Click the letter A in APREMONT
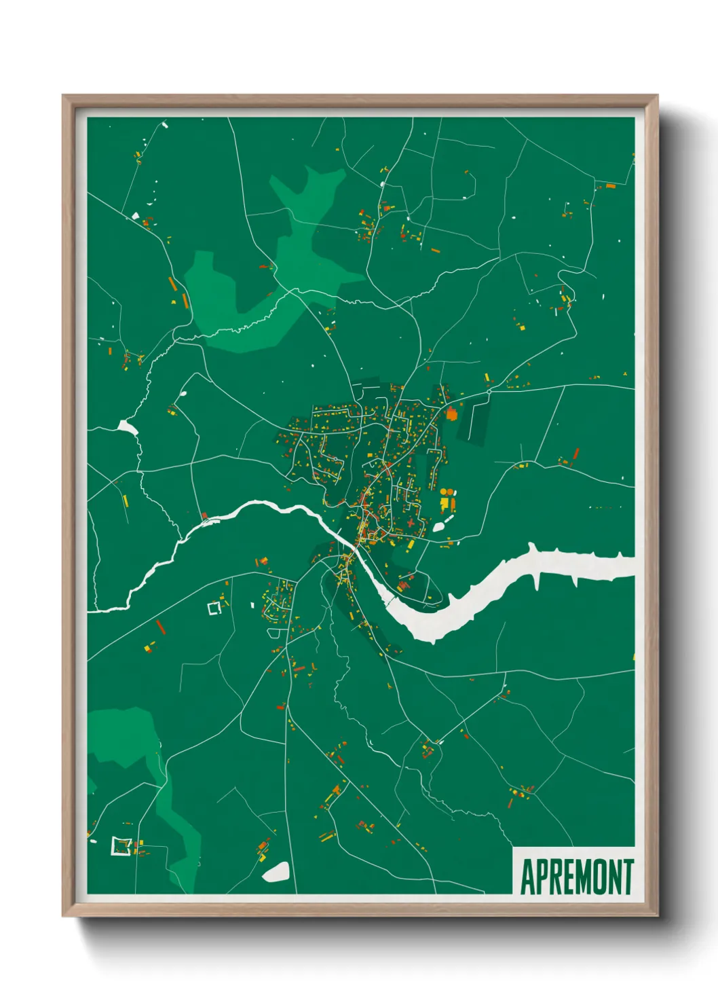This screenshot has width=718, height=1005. click(x=527, y=877)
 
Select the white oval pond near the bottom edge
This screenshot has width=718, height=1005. click(x=276, y=872)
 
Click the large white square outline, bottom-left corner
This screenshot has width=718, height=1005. click(x=121, y=847)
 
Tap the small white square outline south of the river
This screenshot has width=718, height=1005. click(x=214, y=608)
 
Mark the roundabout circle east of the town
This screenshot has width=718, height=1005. click(x=489, y=392)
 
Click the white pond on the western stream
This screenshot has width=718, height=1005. click(x=127, y=427)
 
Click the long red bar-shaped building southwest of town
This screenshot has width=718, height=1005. click(x=160, y=626)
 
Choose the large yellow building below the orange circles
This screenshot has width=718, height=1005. click(x=445, y=504)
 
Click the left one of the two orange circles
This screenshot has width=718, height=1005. click(x=444, y=491)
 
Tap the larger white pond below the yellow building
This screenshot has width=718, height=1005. click(x=439, y=526)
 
